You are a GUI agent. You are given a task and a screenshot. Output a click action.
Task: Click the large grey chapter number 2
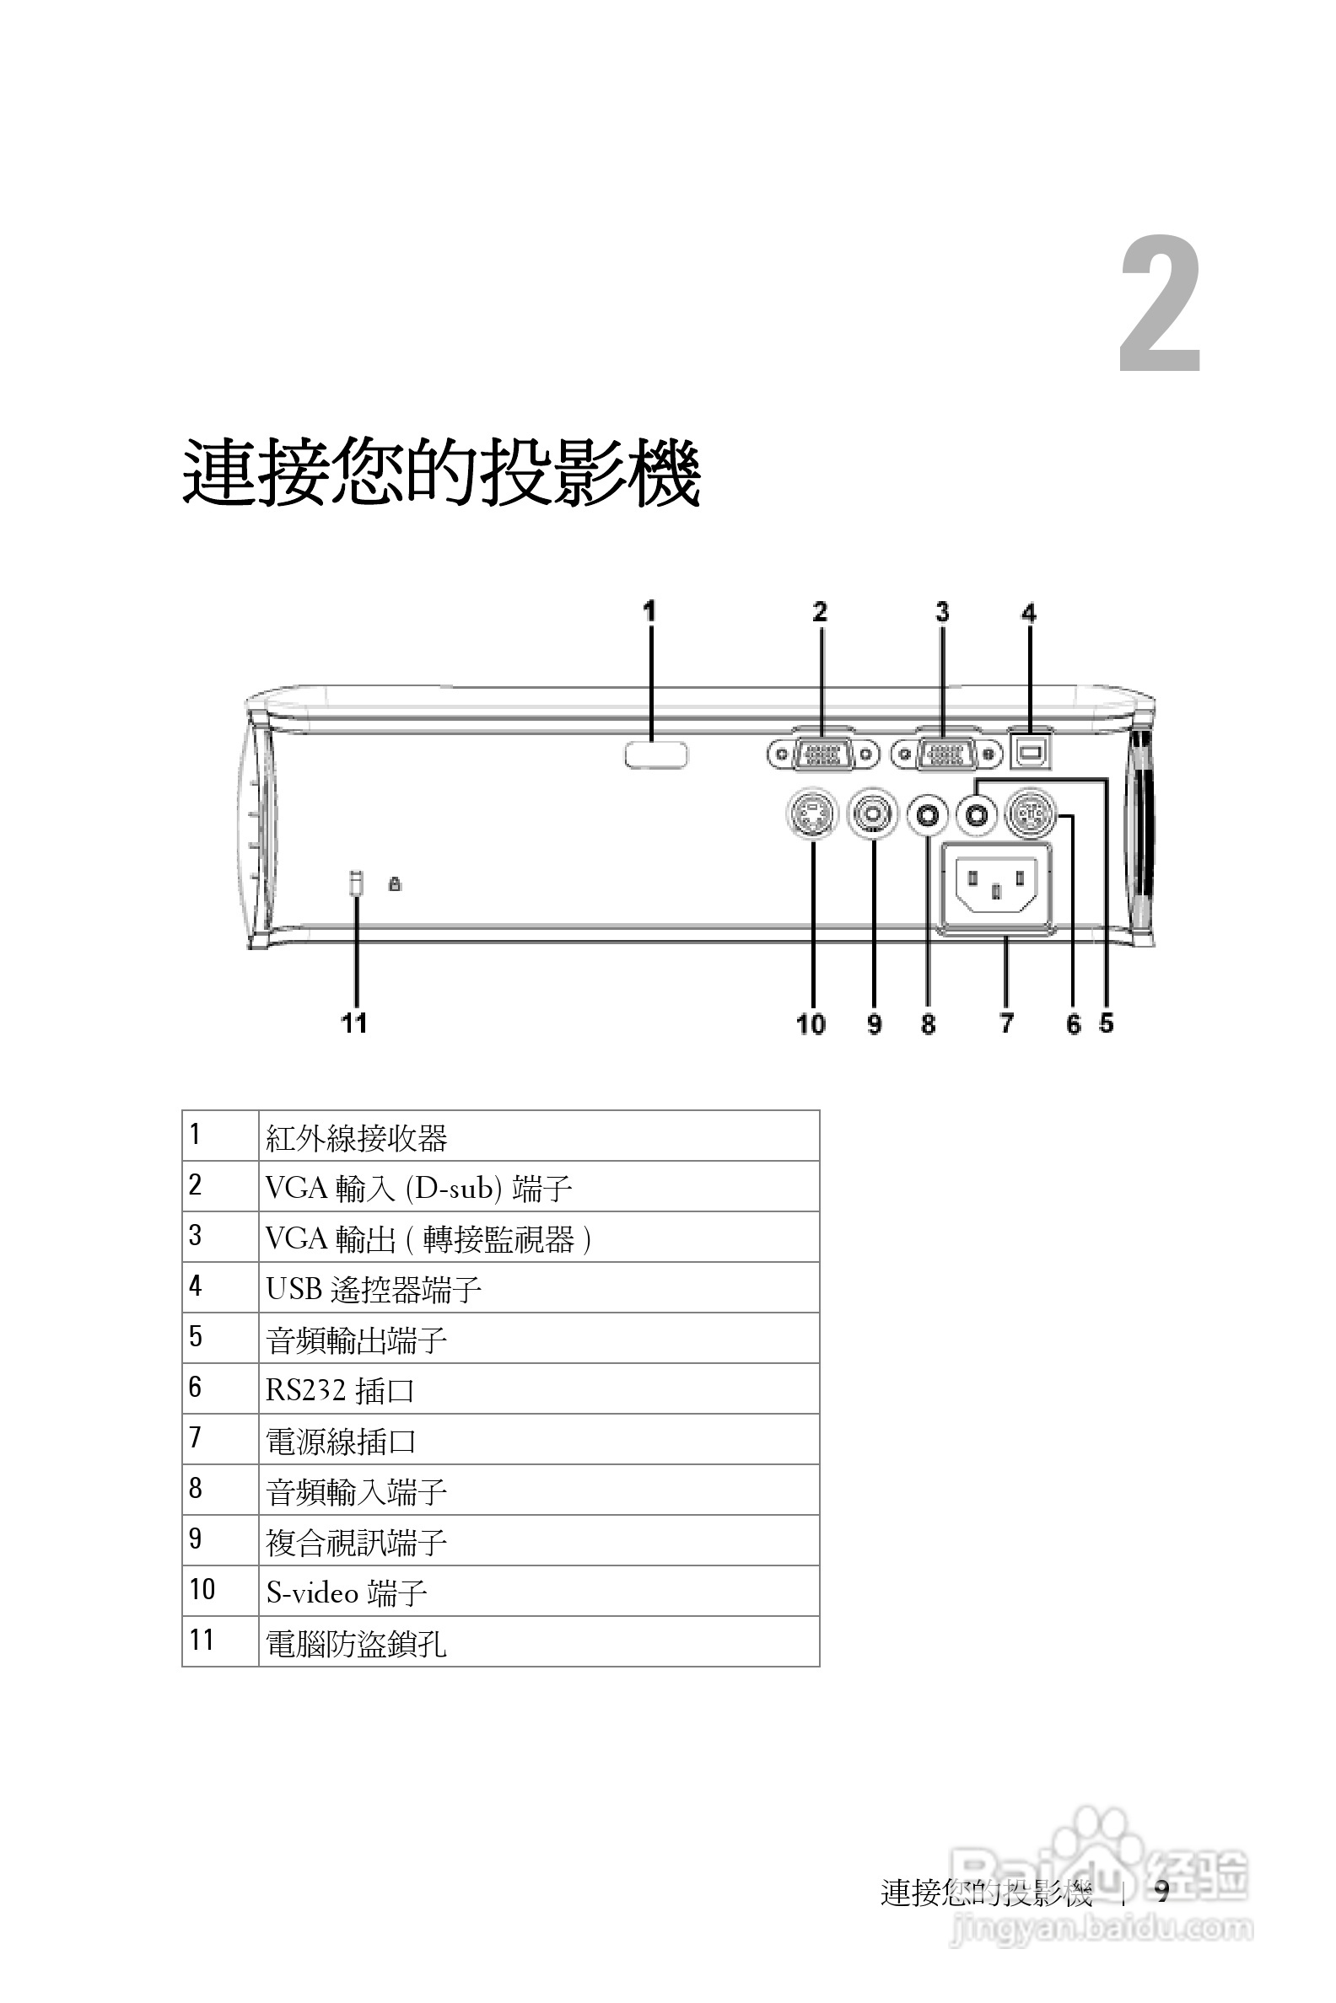[x=1160, y=306]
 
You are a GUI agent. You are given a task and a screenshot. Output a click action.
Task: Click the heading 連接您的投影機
[x=441, y=474]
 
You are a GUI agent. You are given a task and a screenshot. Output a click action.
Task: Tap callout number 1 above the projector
[x=649, y=611]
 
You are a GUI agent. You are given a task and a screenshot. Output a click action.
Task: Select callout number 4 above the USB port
[x=1029, y=613]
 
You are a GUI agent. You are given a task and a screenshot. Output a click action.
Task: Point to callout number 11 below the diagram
[x=354, y=1023]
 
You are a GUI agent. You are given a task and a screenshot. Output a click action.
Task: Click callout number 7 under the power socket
[x=1006, y=1023]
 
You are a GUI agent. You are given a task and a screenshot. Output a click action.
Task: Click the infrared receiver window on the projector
[x=655, y=755]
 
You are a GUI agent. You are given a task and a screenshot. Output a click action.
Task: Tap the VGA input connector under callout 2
[x=822, y=754]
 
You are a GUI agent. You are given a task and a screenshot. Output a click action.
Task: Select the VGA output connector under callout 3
[x=945, y=754]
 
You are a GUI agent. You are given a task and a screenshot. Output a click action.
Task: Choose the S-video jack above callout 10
[x=811, y=814]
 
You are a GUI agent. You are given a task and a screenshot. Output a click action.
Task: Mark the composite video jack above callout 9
[x=872, y=814]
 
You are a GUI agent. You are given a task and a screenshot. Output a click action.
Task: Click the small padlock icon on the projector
[x=395, y=884]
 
